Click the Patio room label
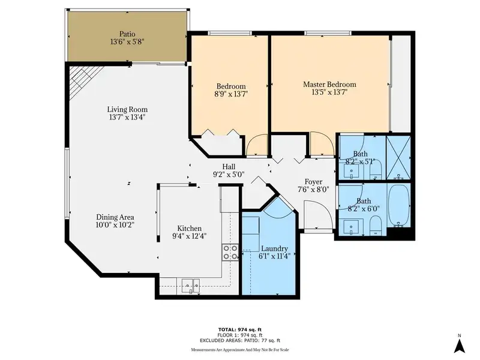click(x=127, y=34)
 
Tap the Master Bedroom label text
click(x=329, y=85)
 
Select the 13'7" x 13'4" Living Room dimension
click(x=127, y=117)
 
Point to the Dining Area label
click(x=115, y=217)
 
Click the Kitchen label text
click(x=190, y=229)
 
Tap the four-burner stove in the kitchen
click(x=230, y=253)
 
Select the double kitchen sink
click(x=190, y=286)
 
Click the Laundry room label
click(x=274, y=248)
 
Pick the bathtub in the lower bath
click(x=398, y=205)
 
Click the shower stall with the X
click(x=398, y=158)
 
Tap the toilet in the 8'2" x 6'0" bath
click(x=376, y=225)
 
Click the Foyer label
click(x=313, y=182)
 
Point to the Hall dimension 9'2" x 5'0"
click(x=229, y=175)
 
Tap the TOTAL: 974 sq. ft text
click(x=239, y=329)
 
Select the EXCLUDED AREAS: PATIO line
click(x=240, y=340)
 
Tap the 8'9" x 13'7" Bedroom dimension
click(x=231, y=94)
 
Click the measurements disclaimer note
click(x=239, y=350)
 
